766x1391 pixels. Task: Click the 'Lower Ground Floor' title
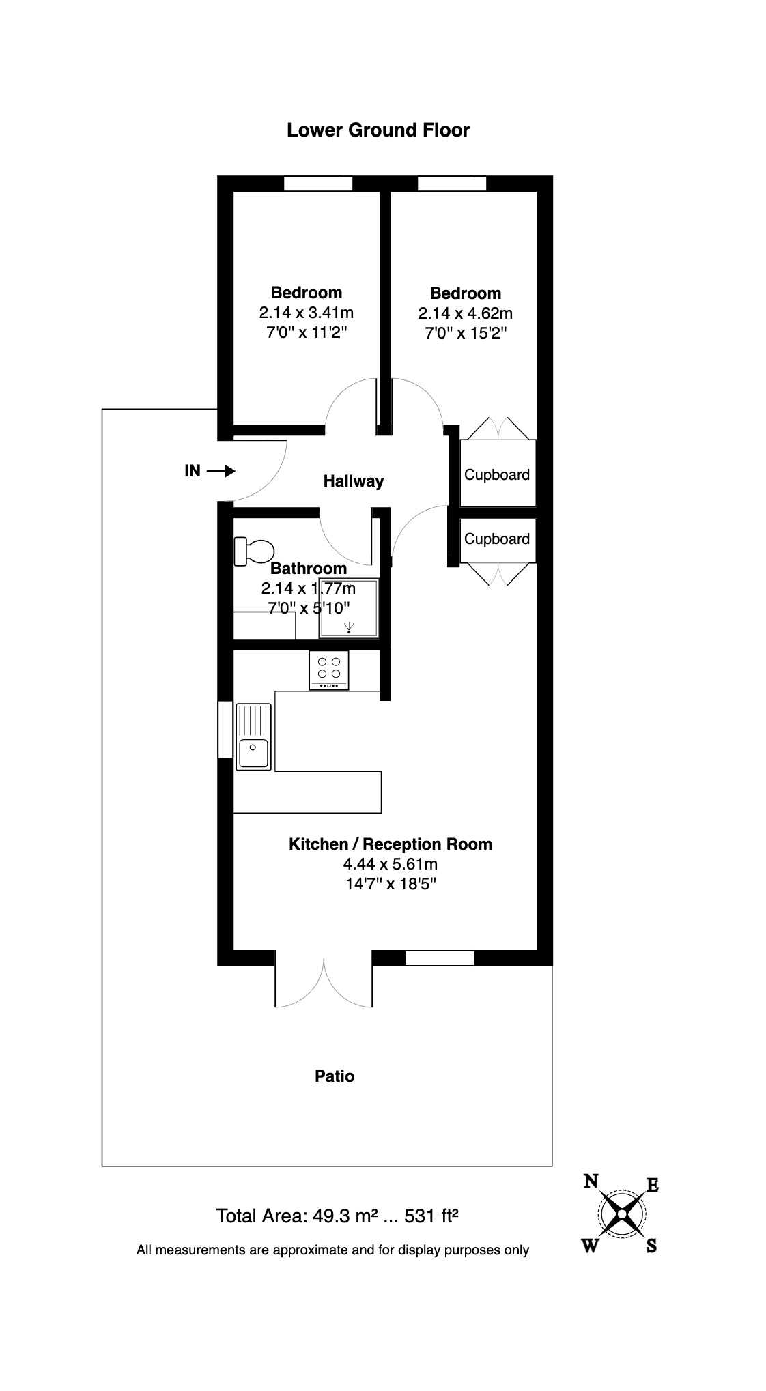point(378,130)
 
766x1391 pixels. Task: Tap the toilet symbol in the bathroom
point(253,551)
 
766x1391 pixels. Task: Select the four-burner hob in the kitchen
point(328,670)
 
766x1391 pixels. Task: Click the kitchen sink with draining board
point(253,737)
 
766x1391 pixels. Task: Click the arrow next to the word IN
point(221,471)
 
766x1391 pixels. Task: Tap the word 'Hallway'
point(353,481)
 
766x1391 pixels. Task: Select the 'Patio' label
point(335,1076)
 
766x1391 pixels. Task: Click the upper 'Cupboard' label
point(496,475)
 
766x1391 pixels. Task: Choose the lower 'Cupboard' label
point(496,539)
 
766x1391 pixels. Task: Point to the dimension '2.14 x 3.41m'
point(306,313)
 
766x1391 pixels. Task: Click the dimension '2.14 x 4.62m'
point(465,314)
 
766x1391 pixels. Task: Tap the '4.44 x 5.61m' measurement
point(390,864)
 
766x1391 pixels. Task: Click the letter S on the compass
point(651,1246)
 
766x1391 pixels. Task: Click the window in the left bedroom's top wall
point(318,184)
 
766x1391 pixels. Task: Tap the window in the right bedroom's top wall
point(452,184)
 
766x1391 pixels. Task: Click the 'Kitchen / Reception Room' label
point(390,844)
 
